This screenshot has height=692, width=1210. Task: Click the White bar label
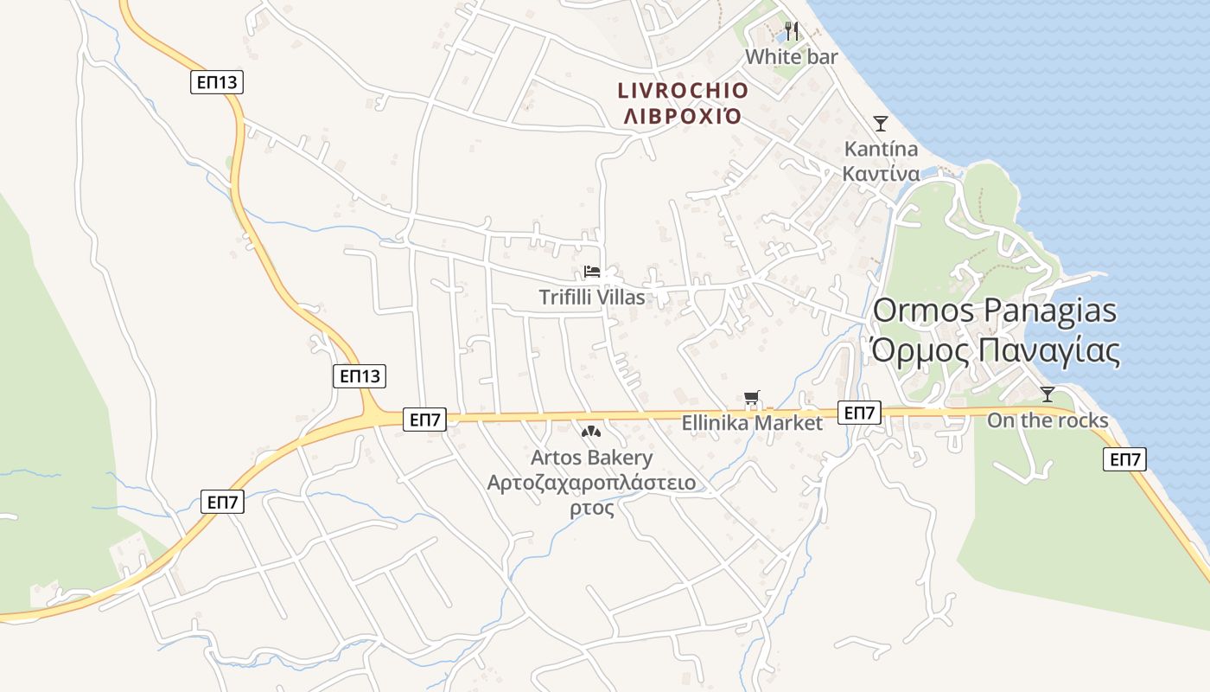[791, 57]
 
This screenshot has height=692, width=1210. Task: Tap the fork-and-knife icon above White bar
[792, 32]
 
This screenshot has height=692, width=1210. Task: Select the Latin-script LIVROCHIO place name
[683, 91]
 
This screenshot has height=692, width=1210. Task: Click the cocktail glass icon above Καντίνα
[880, 124]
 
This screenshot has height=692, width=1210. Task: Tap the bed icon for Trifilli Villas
[592, 272]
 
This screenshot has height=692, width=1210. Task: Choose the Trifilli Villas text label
[592, 298]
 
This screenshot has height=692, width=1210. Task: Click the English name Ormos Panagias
[995, 311]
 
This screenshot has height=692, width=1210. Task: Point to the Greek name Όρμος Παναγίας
[995, 351]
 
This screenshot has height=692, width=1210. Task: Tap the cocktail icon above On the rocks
[1047, 395]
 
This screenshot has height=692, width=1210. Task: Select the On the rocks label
[1048, 421]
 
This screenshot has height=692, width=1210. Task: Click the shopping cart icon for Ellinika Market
[752, 399]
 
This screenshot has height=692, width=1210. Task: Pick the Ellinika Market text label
[752, 424]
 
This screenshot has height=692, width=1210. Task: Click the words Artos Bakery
[592, 458]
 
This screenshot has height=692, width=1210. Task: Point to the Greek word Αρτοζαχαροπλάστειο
[592, 483]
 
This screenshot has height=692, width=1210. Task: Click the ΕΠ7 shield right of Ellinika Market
[859, 413]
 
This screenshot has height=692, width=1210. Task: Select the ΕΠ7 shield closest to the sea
[1124, 459]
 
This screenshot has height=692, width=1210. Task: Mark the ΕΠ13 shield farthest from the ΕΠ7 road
[217, 83]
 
